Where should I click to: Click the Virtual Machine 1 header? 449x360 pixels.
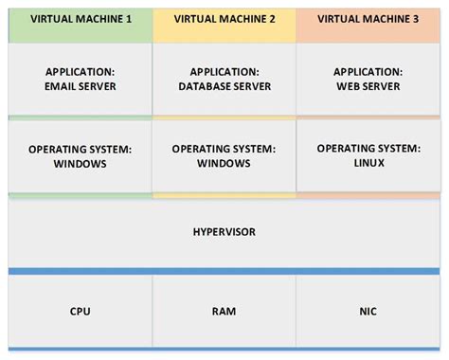pyautogui.click(x=81, y=18)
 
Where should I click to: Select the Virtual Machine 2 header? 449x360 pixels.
pyautogui.click(x=224, y=18)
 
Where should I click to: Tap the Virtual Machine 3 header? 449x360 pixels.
pyautogui.click(x=368, y=18)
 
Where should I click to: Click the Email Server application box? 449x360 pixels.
pyautogui.click(x=81, y=80)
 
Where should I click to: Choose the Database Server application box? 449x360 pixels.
pyautogui.click(x=224, y=80)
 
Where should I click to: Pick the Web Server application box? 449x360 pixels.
pyautogui.click(x=368, y=80)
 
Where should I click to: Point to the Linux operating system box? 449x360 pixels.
pyautogui.click(x=368, y=155)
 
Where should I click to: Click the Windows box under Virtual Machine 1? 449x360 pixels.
pyautogui.click(x=81, y=156)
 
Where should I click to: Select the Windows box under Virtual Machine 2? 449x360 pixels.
pyautogui.click(x=224, y=156)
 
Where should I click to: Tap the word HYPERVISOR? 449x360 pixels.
pyautogui.click(x=224, y=231)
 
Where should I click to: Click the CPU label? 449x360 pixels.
pyautogui.click(x=81, y=311)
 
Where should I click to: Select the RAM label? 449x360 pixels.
pyautogui.click(x=224, y=311)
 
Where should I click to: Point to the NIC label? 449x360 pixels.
pyautogui.click(x=368, y=311)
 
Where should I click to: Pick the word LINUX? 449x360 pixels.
pyautogui.click(x=368, y=163)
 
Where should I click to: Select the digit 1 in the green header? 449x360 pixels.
pyautogui.click(x=128, y=18)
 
